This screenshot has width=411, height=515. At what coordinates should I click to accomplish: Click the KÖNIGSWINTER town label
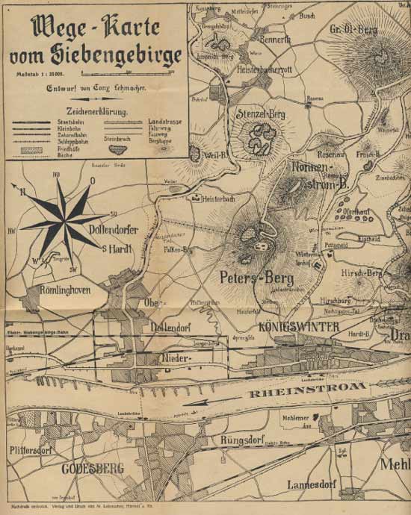pyautogui.click(x=289, y=328)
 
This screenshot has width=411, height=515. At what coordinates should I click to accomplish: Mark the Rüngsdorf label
pyautogui.click(x=244, y=440)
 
